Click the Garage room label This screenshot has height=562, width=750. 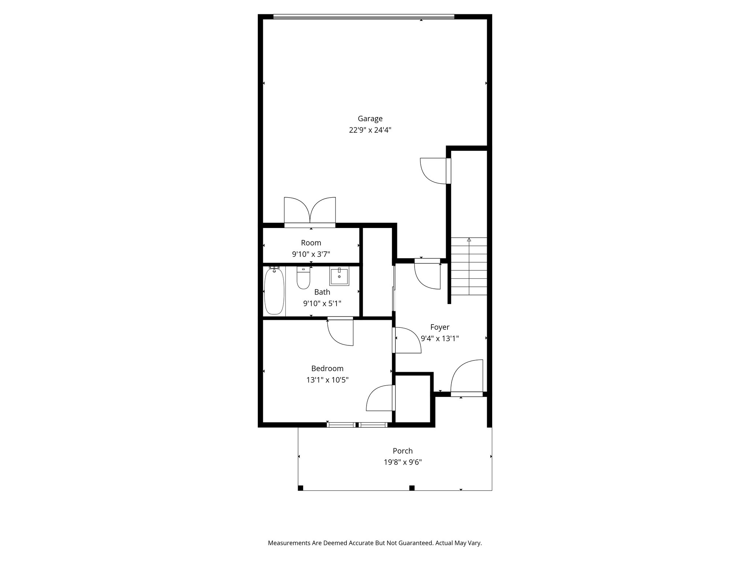click(370, 119)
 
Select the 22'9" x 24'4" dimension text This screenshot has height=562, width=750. click(370, 130)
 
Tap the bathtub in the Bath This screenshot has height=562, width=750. click(274, 291)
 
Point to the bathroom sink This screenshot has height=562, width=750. click(339, 277)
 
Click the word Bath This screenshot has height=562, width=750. click(322, 292)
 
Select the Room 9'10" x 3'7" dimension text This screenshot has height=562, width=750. click(311, 254)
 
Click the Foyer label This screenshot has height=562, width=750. click(439, 327)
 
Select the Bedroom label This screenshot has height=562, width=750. click(327, 368)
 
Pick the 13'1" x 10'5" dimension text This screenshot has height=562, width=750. click(327, 380)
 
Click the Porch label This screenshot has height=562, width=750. click(402, 451)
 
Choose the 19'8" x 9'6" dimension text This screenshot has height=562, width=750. click(402, 462)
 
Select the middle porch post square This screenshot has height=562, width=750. click(412, 488)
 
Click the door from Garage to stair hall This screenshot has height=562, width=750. click(435, 171)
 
